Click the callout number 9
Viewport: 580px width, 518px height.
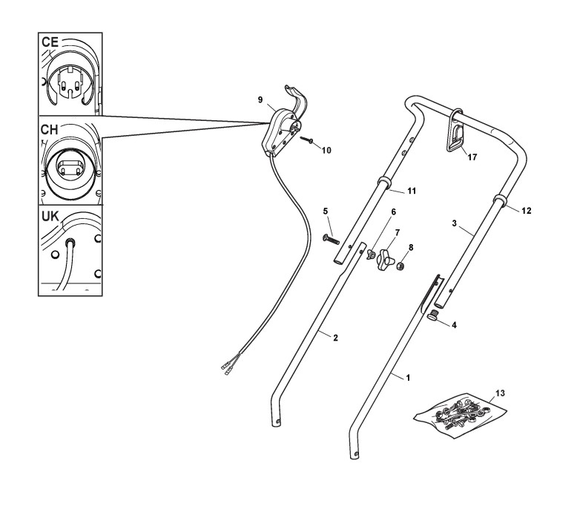tap(261, 99)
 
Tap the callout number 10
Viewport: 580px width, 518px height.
tap(326, 150)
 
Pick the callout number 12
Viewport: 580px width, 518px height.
tap(527, 211)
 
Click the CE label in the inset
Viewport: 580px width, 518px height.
tap(50, 43)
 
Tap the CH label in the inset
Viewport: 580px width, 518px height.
tap(50, 129)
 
